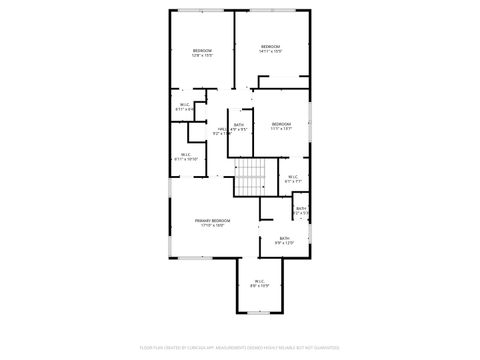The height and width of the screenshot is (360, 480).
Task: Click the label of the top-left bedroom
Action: coord(203,50)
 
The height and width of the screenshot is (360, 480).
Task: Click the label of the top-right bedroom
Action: coord(271,46)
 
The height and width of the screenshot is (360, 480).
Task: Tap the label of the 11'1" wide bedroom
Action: coord(280,123)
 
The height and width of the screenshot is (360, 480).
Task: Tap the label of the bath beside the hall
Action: coord(239,124)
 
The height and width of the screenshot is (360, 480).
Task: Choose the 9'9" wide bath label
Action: coord(285,238)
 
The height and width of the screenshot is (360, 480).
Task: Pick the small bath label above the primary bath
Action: coord(301,208)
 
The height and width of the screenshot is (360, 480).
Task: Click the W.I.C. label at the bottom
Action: coord(258,281)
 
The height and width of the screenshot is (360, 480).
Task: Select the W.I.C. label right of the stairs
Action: coord(293,177)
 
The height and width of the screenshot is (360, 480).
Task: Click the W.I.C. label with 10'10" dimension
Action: coord(186,154)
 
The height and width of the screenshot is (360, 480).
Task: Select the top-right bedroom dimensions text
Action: coord(271,52)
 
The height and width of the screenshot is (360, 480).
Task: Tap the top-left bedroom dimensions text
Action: coord(203,56)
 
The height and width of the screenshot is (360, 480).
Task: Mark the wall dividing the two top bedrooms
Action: coord(235,50)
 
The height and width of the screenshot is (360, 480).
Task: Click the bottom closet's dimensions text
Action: coord(258,287)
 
